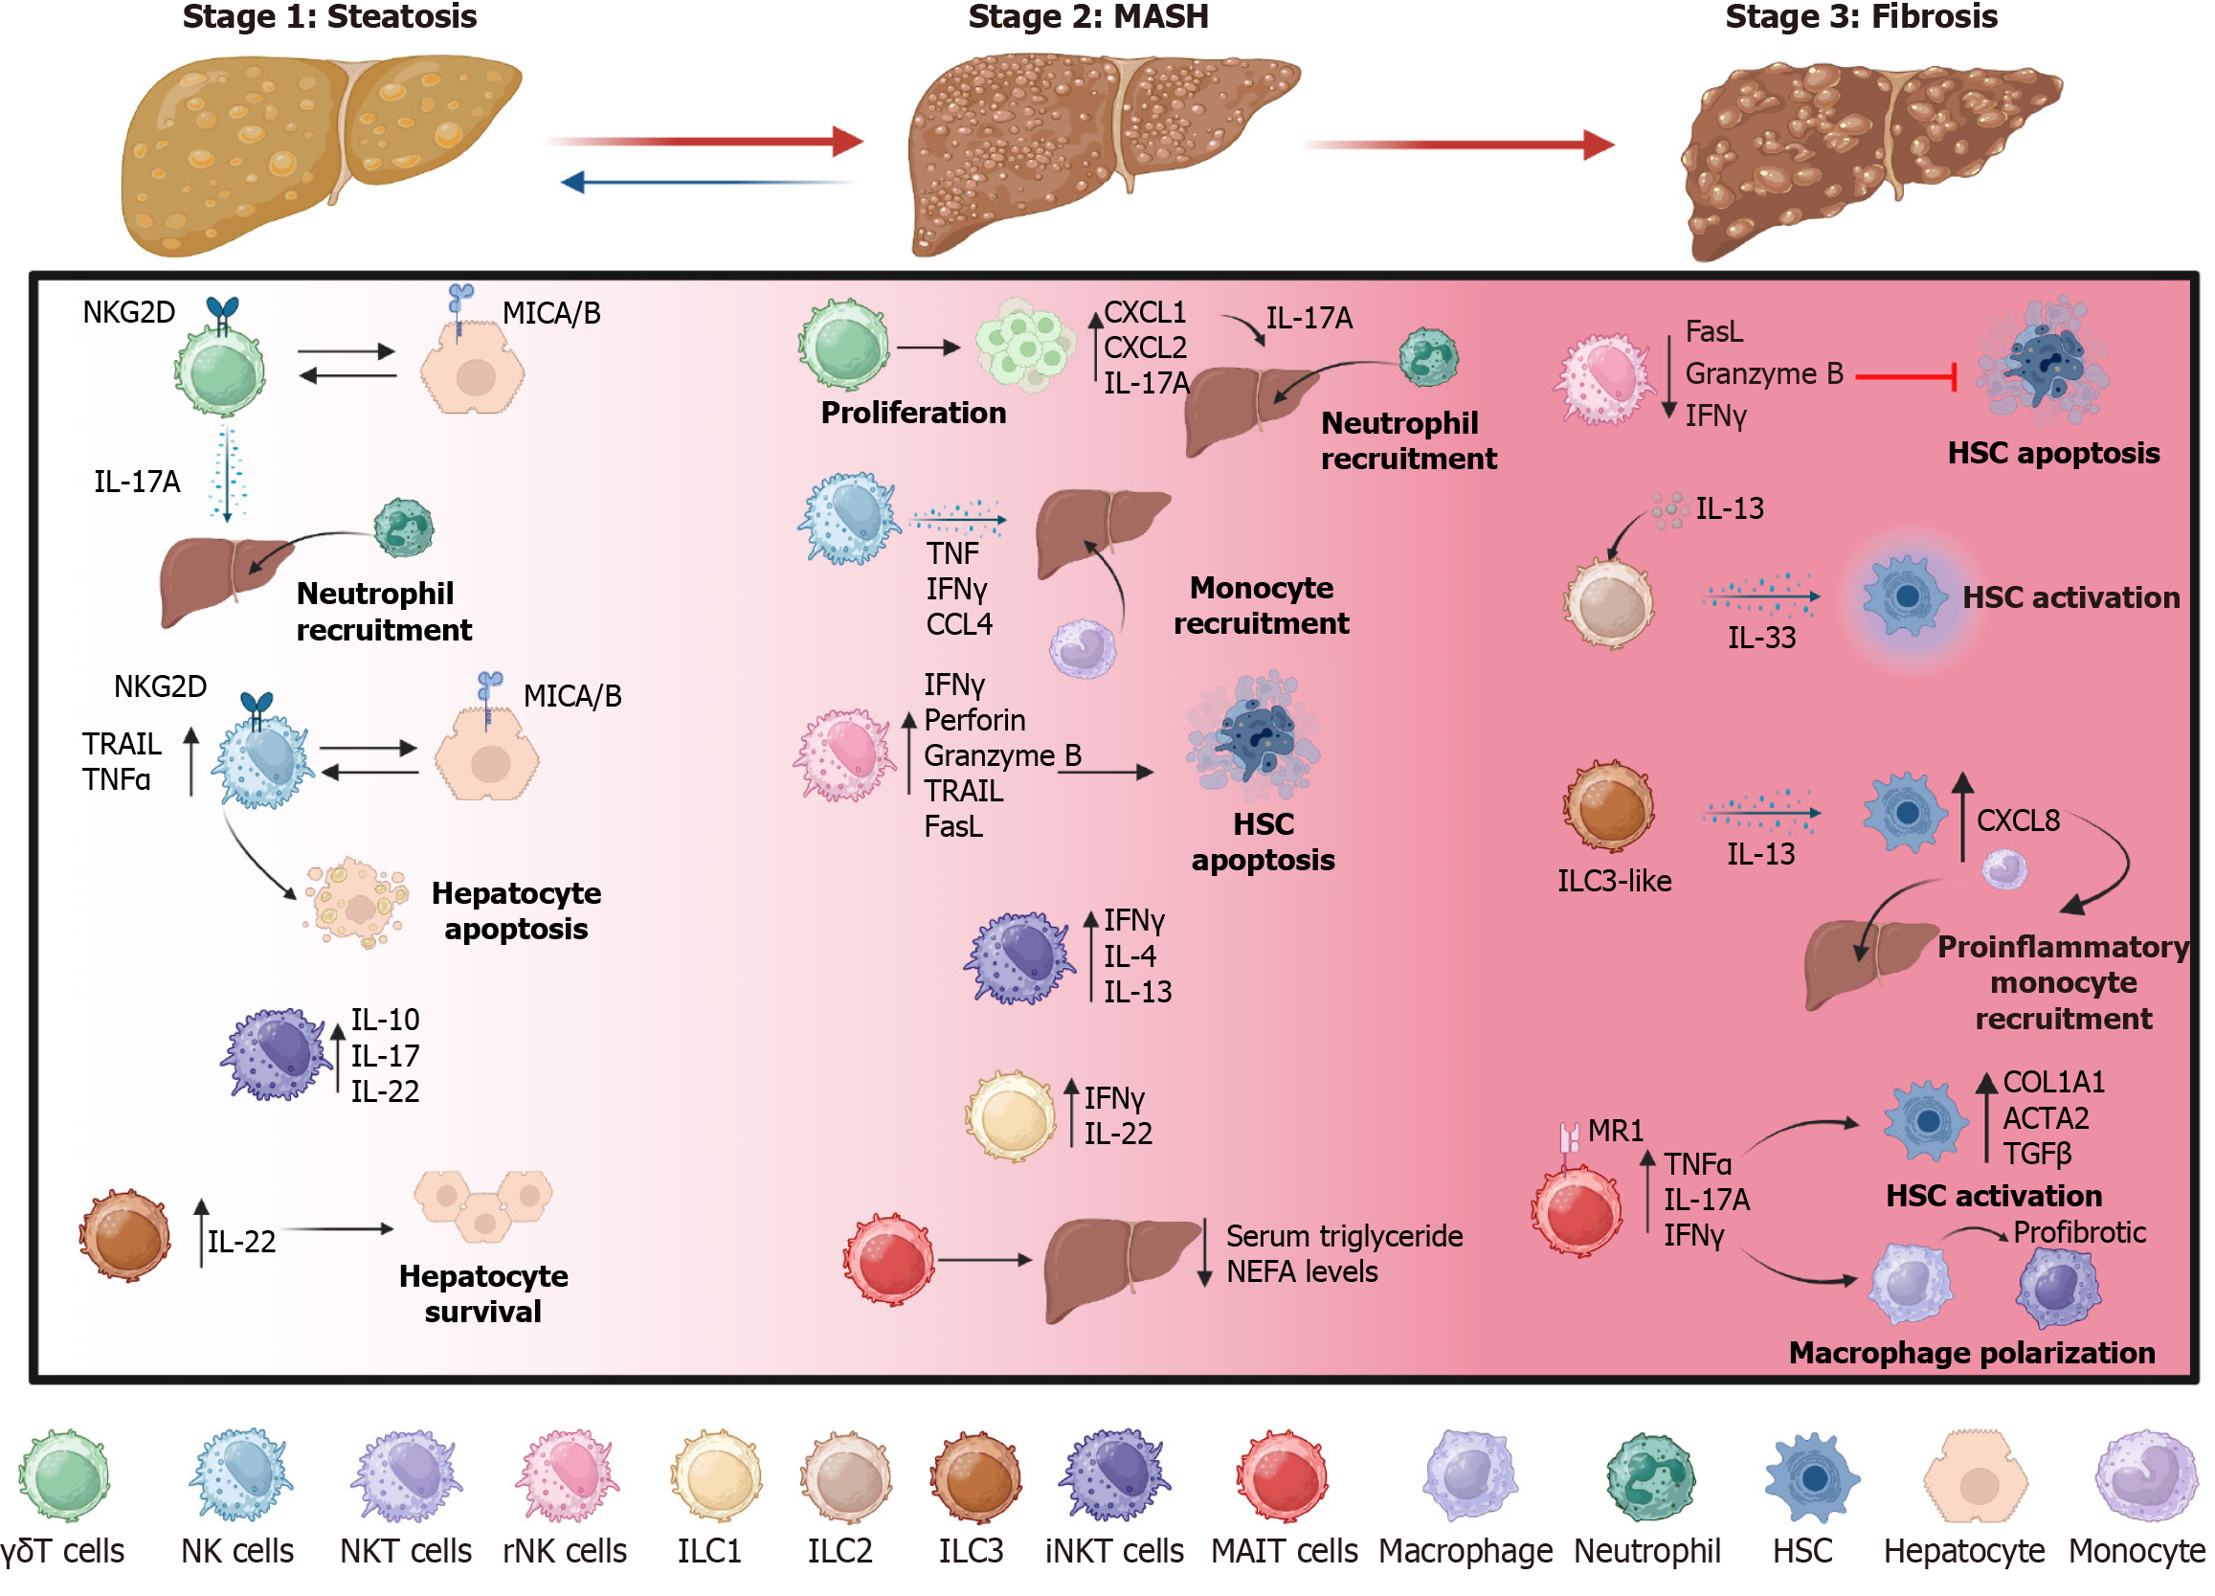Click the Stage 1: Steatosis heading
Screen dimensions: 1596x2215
click(x=329, y=16)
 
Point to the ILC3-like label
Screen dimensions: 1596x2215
click(x=1614, y=881)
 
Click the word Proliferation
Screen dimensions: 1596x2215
click(x=912, y=414)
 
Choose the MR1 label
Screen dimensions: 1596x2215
click(x=1616, y=1131)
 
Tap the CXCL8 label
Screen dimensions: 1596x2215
click(x=2018, y=820)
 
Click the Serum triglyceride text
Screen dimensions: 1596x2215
click(x=1344, y=1237)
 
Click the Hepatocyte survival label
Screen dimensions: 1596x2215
click(x=483, y=1294)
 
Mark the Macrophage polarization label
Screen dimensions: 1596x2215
click(x=1971, y=1353)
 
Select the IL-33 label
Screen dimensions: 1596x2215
click(x=1761, y=638)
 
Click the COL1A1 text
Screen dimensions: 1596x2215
click(x=2054, y=1082)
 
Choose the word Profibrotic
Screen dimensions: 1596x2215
click(x=2079, y=1232)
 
